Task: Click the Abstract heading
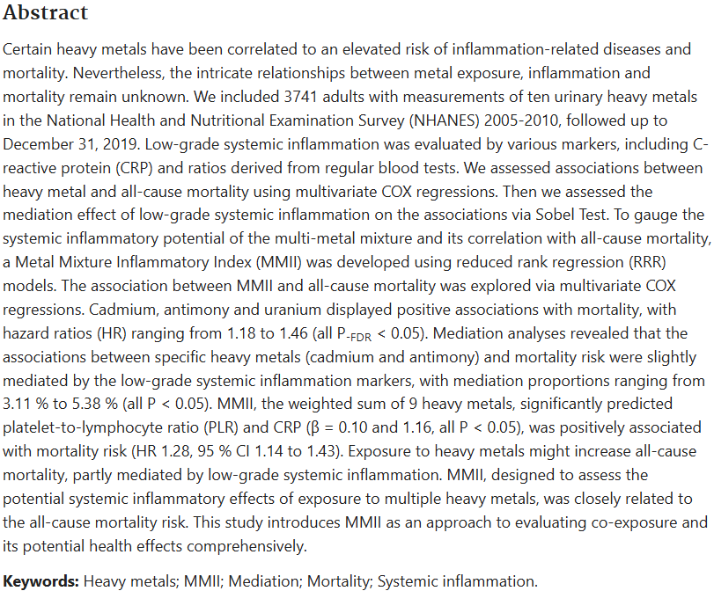pyautogui.click(x=45, y=13)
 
